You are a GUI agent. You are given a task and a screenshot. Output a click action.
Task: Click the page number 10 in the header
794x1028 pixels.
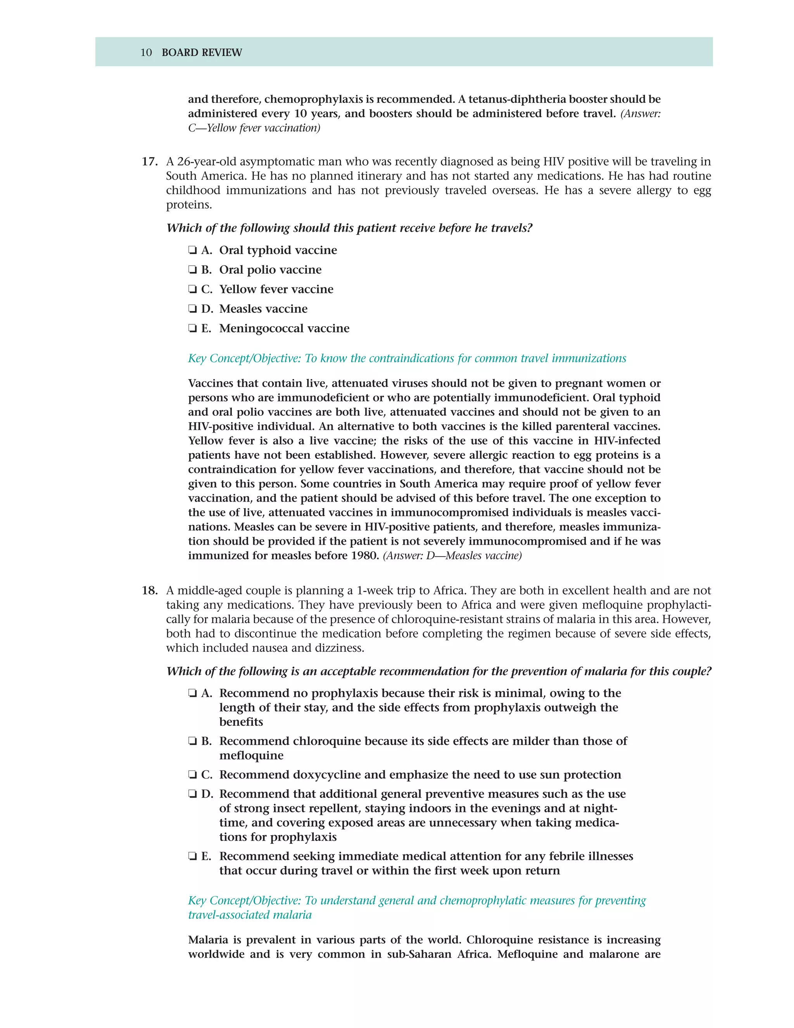pyautogui.click(x=146, y=52)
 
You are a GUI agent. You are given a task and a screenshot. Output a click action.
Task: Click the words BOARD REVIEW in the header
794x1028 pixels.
pyautogui.click(x=202, y=52)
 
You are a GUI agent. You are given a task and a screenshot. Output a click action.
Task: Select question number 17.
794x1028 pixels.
pyautogui.click(x=149, y=161)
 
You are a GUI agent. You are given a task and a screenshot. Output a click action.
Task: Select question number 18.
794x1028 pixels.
pyautogui.click(x=149, y=590)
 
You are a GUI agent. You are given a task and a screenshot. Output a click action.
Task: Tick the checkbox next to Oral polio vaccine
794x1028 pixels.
pyautogui.click(x=192, y=270)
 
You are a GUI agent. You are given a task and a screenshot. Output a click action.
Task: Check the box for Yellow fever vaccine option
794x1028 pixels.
pyautogui.click(x=192, y=289)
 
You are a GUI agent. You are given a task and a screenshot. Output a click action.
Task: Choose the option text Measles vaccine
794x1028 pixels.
pyautogui.click(x=263, y=309)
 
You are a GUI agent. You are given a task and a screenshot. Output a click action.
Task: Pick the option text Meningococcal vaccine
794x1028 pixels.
pyautogui.click(x=284, y=328)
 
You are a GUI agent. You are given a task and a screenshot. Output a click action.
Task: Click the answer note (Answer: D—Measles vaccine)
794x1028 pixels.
pyautogui.click(x=452, y=556)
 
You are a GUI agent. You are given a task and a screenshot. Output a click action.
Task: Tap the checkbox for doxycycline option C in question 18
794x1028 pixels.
pyautogui.click(x=192, y=774)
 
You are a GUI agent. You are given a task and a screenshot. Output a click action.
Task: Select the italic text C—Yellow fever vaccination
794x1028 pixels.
pyautogui.click(x=254, y=128)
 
